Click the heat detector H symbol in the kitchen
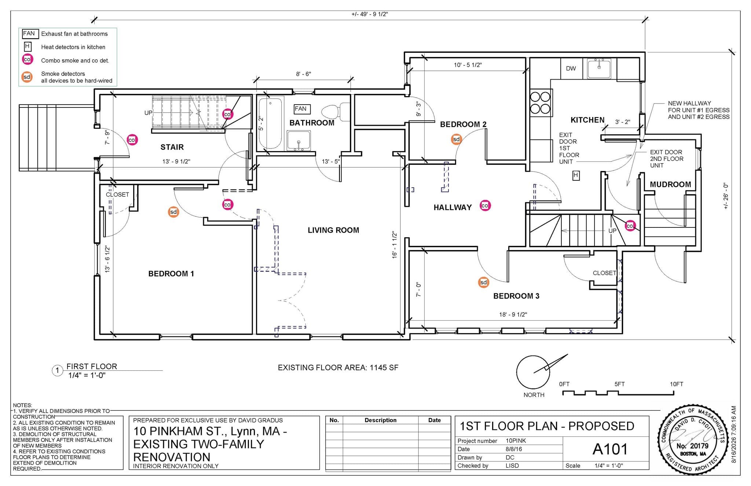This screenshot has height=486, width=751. (x=576, y=176)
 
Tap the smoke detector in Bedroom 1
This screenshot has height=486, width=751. (x=173, y=212)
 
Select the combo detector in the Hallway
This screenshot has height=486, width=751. (x=485, y=206)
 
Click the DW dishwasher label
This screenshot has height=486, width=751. (x=571, y=69)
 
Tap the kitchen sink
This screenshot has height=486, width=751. (x=599, y=69)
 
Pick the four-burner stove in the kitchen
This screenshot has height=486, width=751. (x=540, y=103)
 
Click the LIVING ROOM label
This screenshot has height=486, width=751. (x=333, y=230)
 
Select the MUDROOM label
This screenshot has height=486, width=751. (x=670, y=184)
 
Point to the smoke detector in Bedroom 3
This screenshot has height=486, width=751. (x=484, y=282)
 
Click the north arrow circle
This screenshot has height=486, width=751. (x=533, y=372)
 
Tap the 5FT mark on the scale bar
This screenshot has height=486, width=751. (x=619, y=384)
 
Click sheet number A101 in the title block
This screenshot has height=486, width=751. (x=610, y=449)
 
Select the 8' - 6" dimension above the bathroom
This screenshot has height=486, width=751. (x=304, y=74)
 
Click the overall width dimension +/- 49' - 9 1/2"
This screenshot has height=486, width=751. (x=370, y=14)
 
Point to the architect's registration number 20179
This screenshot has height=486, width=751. (x=692, y=446)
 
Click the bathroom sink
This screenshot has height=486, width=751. (x=299, y=141)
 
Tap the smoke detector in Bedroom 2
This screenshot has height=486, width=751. (x=456, y=139)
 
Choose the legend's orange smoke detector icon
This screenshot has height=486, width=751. (x=27, y=77)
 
